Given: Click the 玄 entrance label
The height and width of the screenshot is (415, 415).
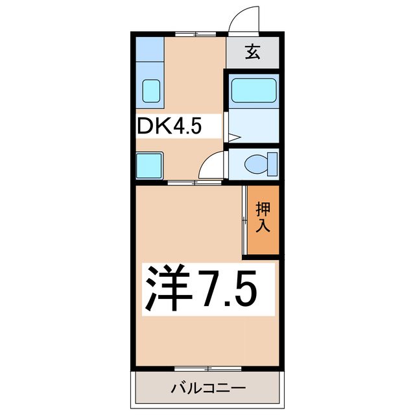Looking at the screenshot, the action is (252, 52).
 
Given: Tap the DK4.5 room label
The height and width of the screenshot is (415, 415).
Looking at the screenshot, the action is (170, 126).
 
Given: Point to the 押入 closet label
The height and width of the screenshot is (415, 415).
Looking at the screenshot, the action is (263, 217).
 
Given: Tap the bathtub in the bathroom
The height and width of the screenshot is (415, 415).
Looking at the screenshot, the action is (254, 91).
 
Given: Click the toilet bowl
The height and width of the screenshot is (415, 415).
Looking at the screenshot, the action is (256, 164).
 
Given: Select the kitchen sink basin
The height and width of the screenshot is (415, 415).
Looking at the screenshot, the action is (151, 91).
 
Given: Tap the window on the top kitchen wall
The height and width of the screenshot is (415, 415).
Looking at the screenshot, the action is (196, 34).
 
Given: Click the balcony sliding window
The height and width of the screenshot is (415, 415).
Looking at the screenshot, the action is (208, 368).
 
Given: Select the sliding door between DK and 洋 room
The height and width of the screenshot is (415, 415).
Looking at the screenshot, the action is (195, 182).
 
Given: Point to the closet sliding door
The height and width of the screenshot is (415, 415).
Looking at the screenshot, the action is (244, 220).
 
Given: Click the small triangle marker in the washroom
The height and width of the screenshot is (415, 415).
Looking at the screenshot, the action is (235, 137).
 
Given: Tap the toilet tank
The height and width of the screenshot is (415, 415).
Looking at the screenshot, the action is (272, 164).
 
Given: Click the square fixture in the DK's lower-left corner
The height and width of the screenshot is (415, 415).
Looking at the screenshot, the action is (149, 166).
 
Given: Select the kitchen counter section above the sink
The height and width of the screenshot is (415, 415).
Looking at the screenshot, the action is (150, 49).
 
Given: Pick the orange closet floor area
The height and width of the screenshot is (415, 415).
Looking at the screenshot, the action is (263, 220).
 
